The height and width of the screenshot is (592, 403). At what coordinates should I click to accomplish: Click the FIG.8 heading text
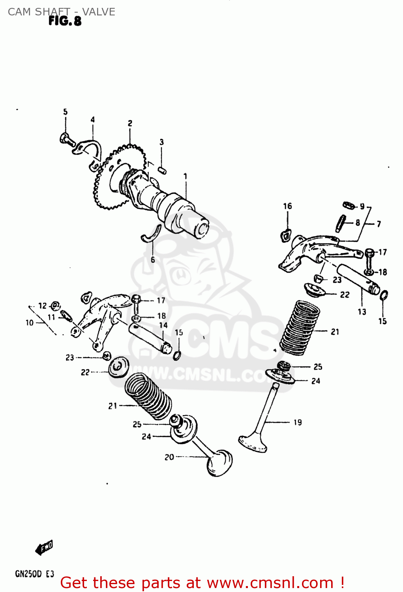coord(65,21)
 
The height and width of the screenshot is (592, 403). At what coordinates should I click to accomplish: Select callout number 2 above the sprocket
coord(130,124)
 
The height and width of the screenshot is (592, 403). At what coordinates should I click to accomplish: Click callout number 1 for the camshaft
coord(185,176)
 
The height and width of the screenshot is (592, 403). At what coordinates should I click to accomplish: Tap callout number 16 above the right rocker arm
coord(287,206)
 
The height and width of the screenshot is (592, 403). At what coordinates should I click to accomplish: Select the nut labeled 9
coord(348,205)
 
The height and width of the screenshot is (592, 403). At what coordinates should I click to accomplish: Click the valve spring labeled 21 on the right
coord(300,328)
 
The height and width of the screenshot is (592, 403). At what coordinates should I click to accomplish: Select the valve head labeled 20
coord(219,463)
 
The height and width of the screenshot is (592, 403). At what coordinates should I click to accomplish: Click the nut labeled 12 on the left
coord(56,305)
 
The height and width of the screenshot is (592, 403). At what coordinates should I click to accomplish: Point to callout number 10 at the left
coord(30,323)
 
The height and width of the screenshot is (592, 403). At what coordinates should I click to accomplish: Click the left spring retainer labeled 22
coord(118,367)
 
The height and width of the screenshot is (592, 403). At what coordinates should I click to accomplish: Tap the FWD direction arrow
coord(44,548)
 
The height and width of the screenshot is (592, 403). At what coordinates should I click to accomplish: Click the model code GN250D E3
coord(34,574)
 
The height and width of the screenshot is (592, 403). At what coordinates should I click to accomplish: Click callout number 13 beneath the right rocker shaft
coord(362,312)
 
